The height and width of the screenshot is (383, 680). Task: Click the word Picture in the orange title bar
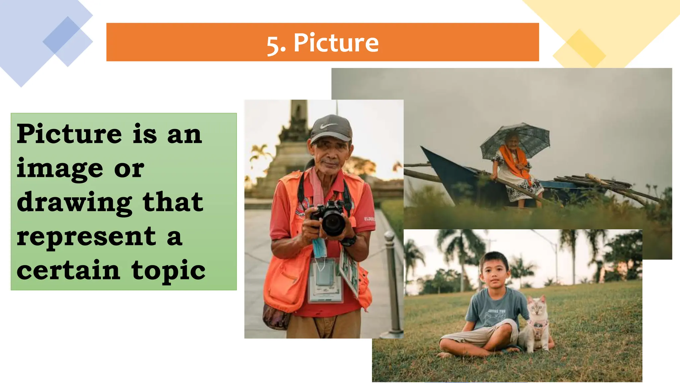click(336, 43)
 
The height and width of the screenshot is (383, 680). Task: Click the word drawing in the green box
click(74, 203)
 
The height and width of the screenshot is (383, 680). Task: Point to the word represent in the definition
click(86, 237)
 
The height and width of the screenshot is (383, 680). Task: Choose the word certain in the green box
click(68, 270)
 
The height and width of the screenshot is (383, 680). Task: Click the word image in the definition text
click(60, 169)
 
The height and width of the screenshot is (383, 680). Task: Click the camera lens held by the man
click(333, 222)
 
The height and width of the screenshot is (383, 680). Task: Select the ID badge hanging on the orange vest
click(324, 280)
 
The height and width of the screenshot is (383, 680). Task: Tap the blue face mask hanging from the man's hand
click(319, 248)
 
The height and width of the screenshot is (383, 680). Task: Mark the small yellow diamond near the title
click(579, 49)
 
